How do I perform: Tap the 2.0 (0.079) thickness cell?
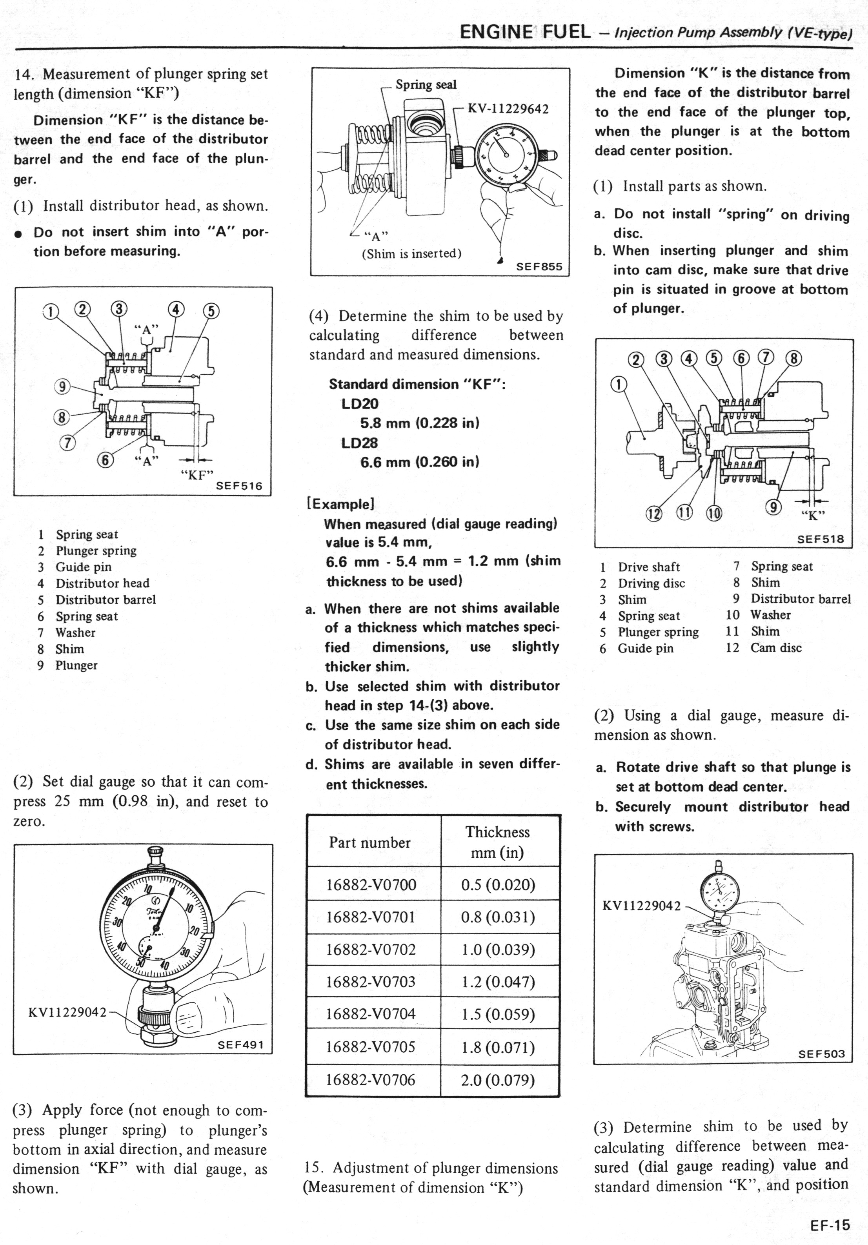pyautogui.click(x=498, y=1079)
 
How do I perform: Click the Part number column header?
pyautogui.click(x=370, y=842)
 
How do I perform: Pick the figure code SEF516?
pyautogui.click(x=239, y=486)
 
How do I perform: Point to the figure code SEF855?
pyautogui.click(x=539, y=267)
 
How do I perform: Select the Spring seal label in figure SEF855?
pyautogui.click(x=426, y=85)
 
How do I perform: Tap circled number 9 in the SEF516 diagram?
pyautogui.click(x=63, y=386)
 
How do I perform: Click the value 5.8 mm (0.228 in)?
pyautogui.click(x=420, y=423)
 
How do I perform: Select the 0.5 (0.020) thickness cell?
pyautogui.click(x=498, y=885)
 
